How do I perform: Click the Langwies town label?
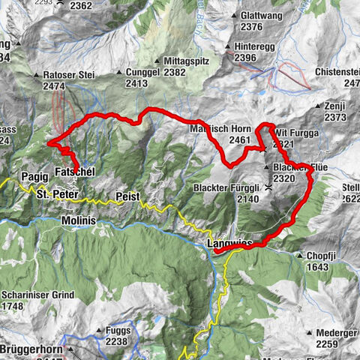pos(229,245)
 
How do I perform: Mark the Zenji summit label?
pos(335,106)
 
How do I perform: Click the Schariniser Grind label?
pos(38,295)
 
